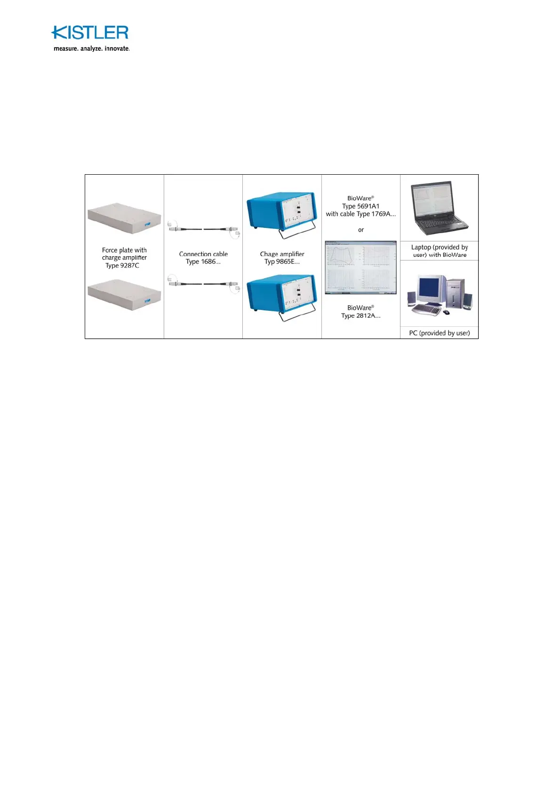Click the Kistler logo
(x=89, y=32)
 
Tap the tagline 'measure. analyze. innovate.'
(x=91, y=49)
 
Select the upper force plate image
(x=124, y=218)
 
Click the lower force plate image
(x=124, y=294)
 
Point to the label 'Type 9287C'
(x=122, y=266)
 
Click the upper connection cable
(x=203, y=229)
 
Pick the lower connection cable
(x=203, y=284)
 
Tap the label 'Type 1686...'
(x=203, y=262)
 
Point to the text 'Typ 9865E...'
(x=282, y=262)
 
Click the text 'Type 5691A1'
(x=360, y=206)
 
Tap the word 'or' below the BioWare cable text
(x=361, y=230)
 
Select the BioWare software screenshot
(x=360, y=267)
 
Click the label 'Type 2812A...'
(x=360, y=316)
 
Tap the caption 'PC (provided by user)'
(x=439, y=333)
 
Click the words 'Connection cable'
(x=203, y=254)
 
